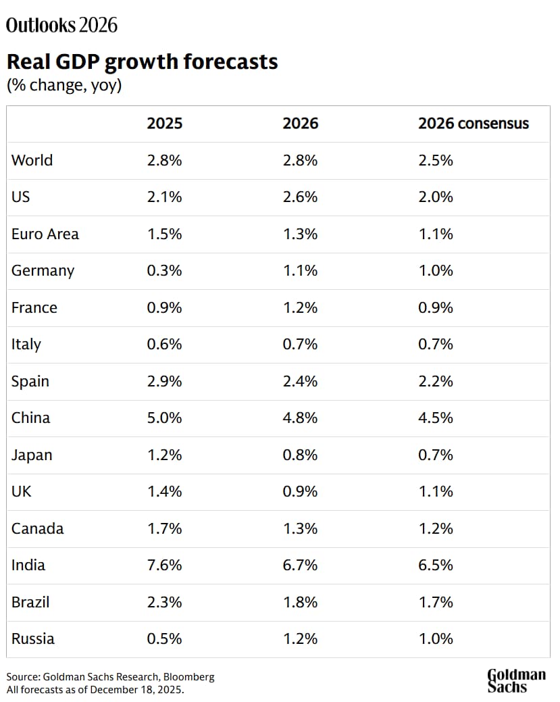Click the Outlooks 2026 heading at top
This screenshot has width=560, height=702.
tap(61, 26)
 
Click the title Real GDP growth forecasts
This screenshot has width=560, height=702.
tap(142, 62)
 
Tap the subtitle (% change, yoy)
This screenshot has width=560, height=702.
tap(63, 86)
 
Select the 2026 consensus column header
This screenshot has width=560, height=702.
tap(473, 124)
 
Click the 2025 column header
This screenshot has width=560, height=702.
tap(165, 124)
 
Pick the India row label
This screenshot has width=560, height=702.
tap(28, 565)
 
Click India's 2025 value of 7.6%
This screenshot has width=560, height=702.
tap(165, 565)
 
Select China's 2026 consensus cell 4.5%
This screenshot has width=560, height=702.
tap(436, 418)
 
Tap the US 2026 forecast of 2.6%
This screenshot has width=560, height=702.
tap(300, 197)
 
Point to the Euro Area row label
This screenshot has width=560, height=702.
tap(45, 234)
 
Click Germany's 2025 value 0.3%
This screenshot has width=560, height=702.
tap(165, 270)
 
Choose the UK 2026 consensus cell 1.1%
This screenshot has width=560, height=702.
tap(436, 491)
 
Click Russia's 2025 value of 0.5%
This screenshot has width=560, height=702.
tap(165, 638)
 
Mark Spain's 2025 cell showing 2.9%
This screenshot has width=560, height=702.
tap(165, 381)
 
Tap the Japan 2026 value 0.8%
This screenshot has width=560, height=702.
tap(300, 455)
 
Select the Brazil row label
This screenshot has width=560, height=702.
tap(30, 601)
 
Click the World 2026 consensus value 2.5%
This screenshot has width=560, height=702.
tap(436, 160)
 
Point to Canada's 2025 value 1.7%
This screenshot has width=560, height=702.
tap(165, 528)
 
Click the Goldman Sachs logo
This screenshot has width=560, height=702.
tap(516, 680)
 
